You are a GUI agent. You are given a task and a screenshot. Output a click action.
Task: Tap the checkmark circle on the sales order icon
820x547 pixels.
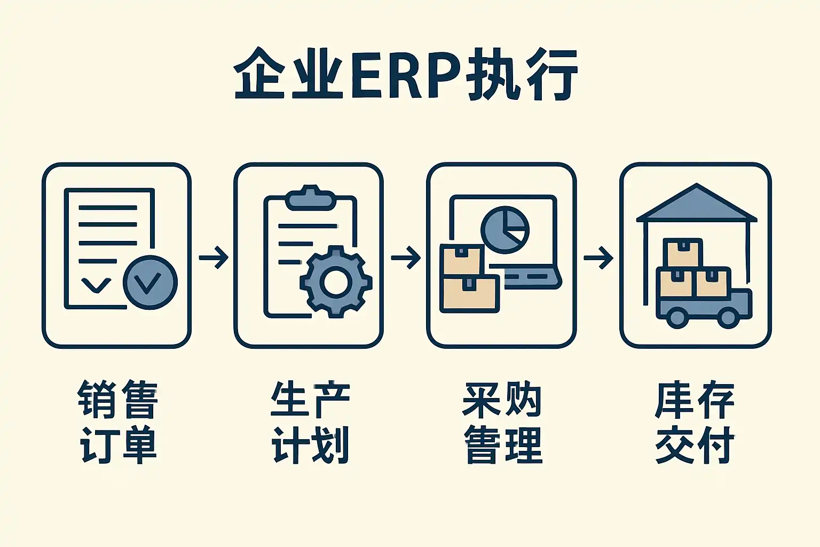150,282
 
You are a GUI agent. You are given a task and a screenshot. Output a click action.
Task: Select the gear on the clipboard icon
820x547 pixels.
336,282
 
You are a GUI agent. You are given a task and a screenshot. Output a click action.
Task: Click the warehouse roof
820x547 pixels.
697,205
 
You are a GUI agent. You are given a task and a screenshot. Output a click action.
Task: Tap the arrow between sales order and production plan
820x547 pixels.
214,258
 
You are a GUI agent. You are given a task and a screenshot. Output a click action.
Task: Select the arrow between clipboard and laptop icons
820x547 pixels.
406,258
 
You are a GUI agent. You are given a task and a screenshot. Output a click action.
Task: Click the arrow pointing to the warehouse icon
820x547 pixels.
598,258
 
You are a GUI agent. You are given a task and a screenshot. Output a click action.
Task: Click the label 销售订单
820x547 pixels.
117,421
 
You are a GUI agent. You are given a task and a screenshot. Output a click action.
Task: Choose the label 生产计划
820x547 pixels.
310,421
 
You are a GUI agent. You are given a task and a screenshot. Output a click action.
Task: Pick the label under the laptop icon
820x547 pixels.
502,421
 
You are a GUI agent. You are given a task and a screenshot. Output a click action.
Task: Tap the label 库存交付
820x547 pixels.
695,421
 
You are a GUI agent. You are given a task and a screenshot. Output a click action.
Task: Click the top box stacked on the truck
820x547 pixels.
683,253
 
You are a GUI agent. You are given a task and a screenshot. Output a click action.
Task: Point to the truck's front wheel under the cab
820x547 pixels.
728,317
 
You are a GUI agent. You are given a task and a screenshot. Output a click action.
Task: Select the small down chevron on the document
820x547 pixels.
96,285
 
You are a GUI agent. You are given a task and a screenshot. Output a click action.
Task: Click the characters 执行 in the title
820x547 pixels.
522,75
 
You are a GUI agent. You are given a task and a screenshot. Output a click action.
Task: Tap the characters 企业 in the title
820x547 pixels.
288,75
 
